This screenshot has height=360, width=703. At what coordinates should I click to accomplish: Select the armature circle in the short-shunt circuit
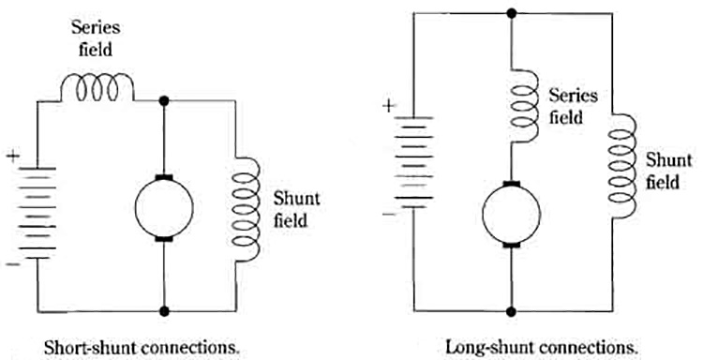(x=164, y=207)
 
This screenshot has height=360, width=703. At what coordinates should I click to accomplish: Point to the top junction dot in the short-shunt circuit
(x=164, y=99)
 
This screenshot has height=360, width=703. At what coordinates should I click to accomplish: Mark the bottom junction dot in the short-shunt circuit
(x=164, y=310)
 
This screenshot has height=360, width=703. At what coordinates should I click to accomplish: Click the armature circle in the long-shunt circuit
(x=512, y=215)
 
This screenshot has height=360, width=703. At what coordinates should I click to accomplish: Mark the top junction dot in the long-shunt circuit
(x=512, y=13)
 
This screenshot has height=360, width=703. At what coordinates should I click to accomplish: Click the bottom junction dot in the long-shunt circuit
(x=512, y=310)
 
